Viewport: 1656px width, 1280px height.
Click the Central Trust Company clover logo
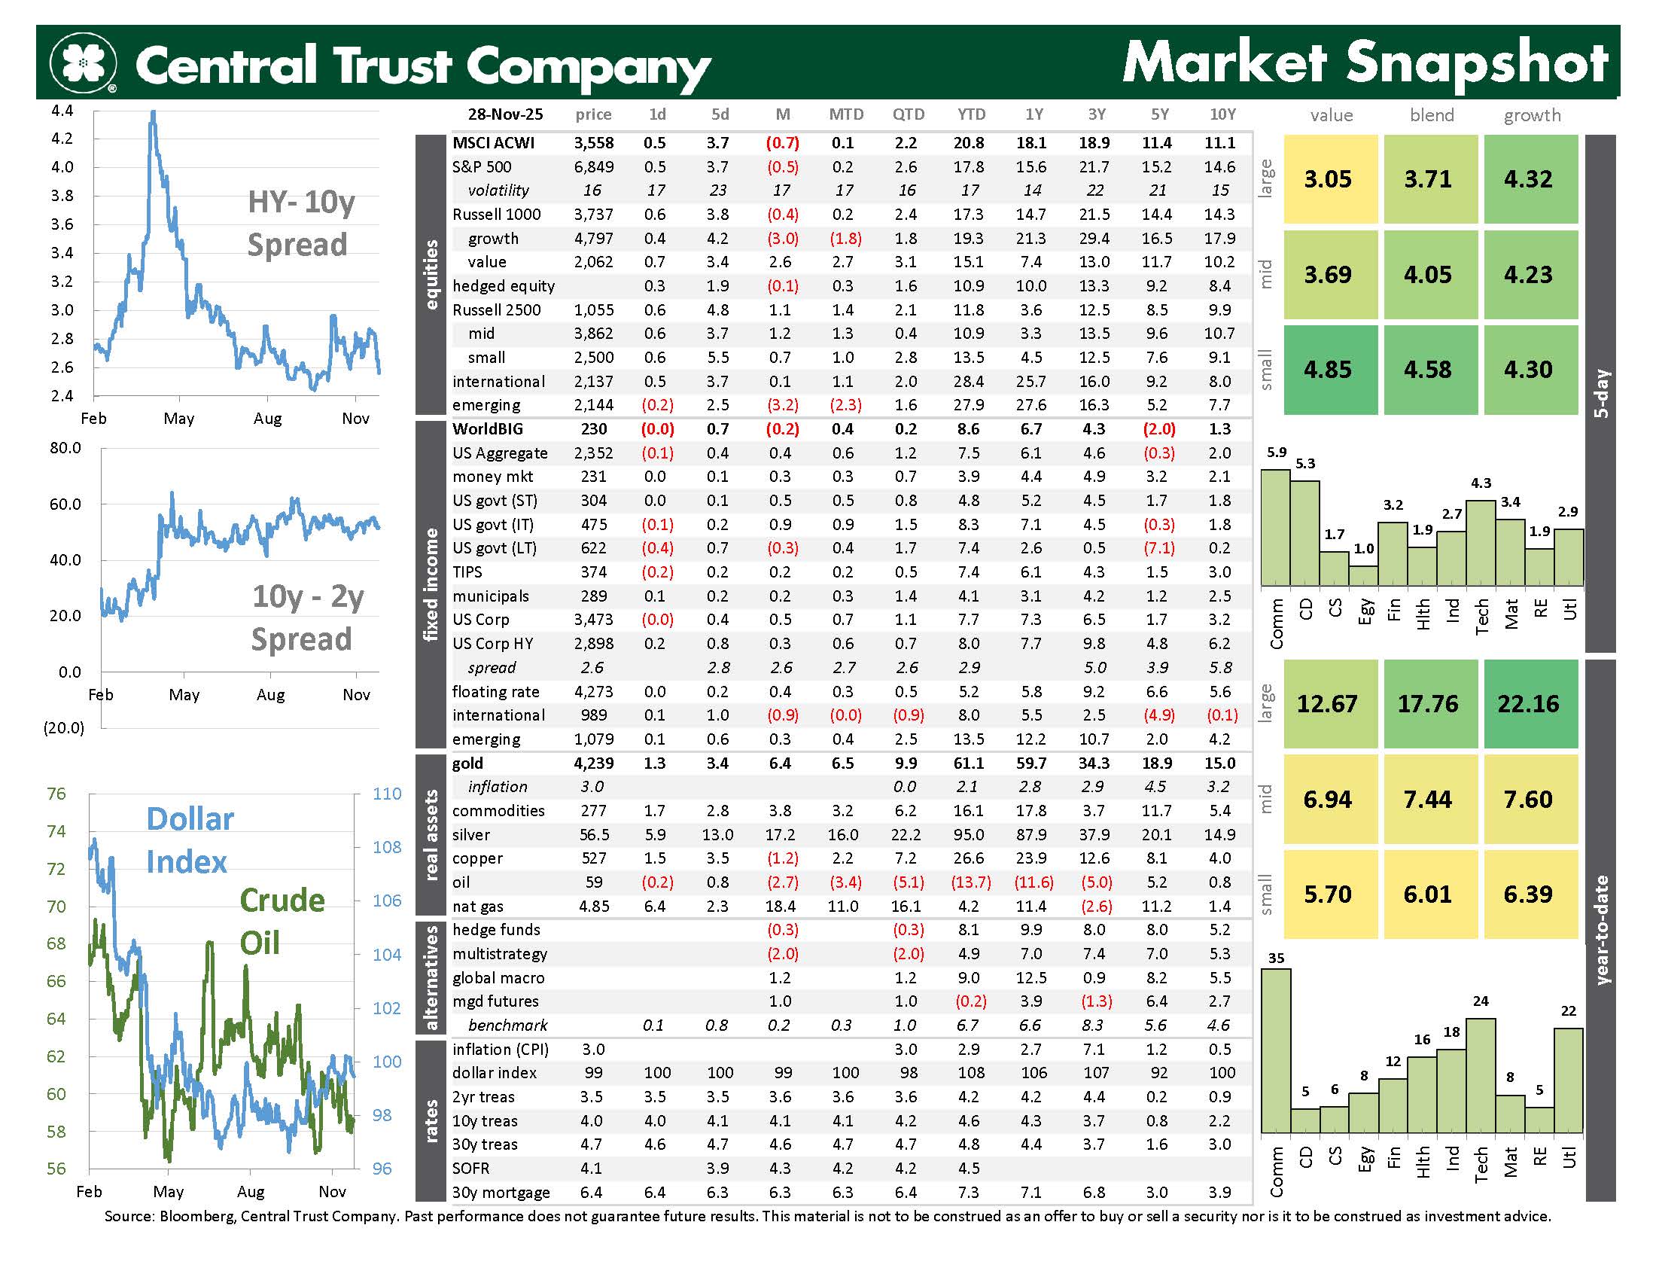pyautogui.click(x=83, y=63)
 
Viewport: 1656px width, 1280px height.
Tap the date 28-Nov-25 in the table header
pyautogui.click(x=505, y=114)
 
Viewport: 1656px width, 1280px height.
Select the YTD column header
pyautogui.click(x=971, y=114)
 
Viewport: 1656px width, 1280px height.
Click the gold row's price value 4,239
pyautogui.click(x=594, y=763)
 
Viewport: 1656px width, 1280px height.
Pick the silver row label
pyautogui.click(x=471, y=835)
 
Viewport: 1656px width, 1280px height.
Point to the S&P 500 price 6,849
pyautogui.click(x=594, y=167)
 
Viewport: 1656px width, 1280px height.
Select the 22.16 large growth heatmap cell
pyautogui.click(x=1530, y=704)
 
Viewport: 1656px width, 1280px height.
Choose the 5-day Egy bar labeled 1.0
pyautogui.click(x=1364, y=575)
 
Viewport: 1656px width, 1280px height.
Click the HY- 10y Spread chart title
pyautogui.click(x=300, y=223)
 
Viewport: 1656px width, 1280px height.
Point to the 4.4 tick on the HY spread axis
pyautogui.click(x=62, y=111)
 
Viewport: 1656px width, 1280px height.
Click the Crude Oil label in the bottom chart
pyautogui.click(x=282, y=921)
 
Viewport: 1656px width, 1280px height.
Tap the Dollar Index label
pyautogui.click(x=190, y=840)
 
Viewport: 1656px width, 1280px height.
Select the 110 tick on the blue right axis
pyautogui.click(x=387, y=794)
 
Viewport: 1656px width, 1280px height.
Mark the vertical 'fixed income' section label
pyautogui.click(x=431, y=584)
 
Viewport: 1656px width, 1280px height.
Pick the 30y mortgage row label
pyautogui.click(x=501, y=1192)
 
